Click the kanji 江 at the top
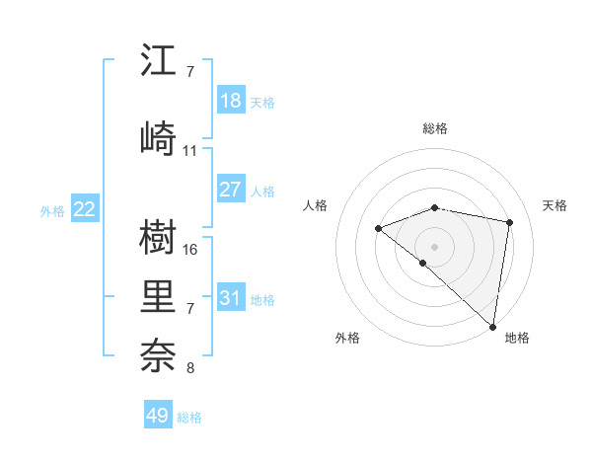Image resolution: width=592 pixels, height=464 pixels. coord(158,62)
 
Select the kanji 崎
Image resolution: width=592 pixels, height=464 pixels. coord(158,135)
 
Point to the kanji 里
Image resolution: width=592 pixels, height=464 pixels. coord(158,297)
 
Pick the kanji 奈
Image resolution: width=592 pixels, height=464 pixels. coord(158,354)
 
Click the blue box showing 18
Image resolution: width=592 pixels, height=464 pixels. coord(230,101)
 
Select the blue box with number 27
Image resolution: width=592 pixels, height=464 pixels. coord(230,190)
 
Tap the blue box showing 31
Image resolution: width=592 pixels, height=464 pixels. coord(230,297)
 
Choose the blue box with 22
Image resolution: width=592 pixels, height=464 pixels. coord(85,209)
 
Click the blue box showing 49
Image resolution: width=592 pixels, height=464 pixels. coord(157,416)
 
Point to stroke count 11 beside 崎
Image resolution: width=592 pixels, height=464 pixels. coord(190,151)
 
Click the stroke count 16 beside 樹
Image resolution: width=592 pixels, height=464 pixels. coord(190,249)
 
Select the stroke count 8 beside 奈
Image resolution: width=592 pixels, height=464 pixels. coord(190,369)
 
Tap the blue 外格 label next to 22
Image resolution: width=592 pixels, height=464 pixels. coord(51,210)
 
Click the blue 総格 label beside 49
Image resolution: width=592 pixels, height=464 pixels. coord(189,417)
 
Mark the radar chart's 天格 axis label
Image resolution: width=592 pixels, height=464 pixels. coord(555,205)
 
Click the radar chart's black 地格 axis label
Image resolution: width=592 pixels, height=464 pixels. coord(517,339)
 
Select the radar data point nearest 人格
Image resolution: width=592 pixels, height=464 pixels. coord(378,229)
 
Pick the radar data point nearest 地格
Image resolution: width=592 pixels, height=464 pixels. coord(492,326)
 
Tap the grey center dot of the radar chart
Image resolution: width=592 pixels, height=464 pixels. coord(434,246)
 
